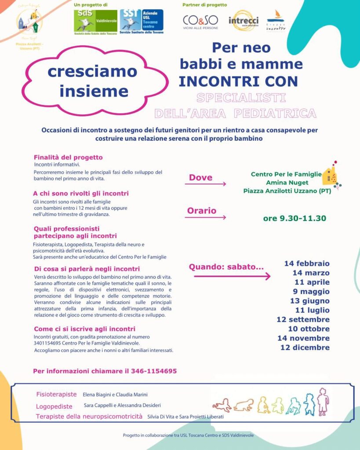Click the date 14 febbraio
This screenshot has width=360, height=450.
(x=306, y=264)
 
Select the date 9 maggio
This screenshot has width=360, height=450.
(x=311, y=291)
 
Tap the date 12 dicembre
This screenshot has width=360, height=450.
(x=305, y=348)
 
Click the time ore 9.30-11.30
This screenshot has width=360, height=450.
(x=295, y=218)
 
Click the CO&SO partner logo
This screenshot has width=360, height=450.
(x=200, y=22)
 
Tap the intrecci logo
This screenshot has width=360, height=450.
(x=244, y=21)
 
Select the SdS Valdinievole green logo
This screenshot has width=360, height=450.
(x=95, y=21)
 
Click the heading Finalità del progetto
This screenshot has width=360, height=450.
(x=68, y=157)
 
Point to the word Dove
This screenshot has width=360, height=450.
(x=200, y=178)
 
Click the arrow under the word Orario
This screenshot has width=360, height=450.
(x=205, y=217)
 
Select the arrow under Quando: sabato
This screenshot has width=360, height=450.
(x=232, y=276)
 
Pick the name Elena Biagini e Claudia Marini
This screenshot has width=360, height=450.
(x=115, y=395)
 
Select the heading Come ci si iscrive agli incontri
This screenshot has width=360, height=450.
(x=84, y=329)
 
